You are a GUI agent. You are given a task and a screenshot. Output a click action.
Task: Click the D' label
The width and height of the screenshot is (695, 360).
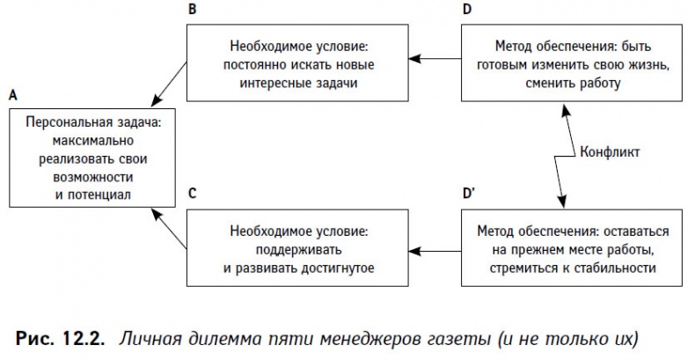pos(472,192)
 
